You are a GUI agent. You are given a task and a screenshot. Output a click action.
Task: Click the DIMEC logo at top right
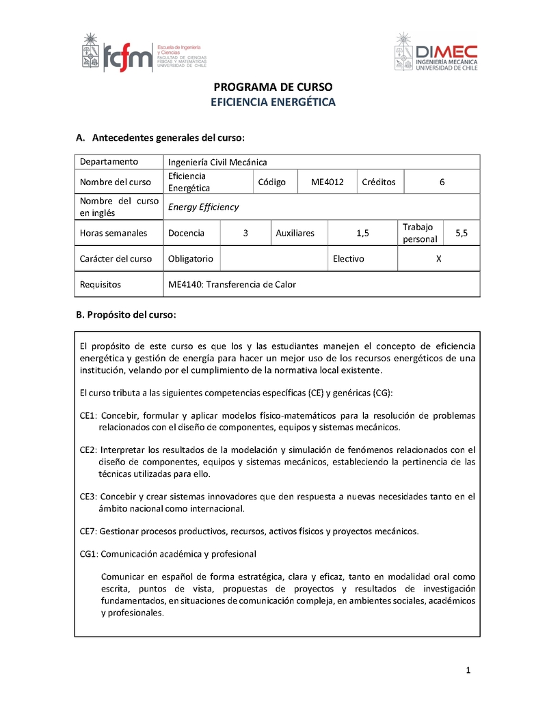click(x=436, y=52)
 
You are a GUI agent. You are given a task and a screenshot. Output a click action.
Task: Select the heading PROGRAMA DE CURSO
click(x=273, y=87)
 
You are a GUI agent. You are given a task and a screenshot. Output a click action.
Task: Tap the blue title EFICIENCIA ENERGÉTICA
click(x=273, y=102)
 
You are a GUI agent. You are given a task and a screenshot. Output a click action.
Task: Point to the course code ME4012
click(x=327, y=182)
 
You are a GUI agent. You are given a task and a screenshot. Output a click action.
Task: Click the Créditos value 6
click(x=442, y=182)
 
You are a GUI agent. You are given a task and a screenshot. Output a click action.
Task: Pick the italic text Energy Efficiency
click(x=203, y=207)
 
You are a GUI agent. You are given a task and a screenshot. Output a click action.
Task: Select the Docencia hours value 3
click(x=245, y=233)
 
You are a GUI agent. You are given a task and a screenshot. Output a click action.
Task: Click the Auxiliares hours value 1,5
click(x=362, y=233)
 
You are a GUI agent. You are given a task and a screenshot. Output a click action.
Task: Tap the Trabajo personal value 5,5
click(x=462, y=233)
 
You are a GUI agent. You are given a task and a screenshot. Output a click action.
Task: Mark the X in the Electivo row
click(x=438, y=259)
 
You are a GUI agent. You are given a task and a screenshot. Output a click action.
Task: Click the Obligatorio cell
click(x=191, y=259)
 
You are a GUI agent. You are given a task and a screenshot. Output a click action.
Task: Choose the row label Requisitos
click(x=100, y=285)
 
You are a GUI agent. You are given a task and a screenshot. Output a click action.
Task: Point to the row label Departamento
click(x=109, y=162)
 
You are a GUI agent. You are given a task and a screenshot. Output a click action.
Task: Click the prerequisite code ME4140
click(x=184, y=285)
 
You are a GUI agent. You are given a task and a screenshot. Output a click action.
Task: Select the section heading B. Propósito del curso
click(x=126, y=315)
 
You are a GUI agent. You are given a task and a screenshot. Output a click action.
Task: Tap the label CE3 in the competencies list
click(x=88, y=497)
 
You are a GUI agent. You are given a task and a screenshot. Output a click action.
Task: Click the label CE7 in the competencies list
click(x=88, y=531)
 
